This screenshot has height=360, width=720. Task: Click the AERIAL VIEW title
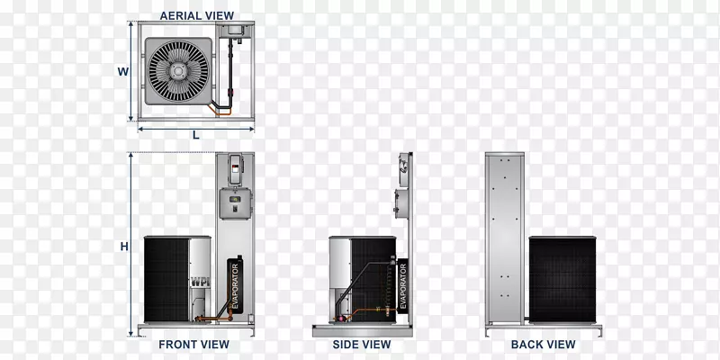196,15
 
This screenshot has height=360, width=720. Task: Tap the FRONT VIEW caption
193,345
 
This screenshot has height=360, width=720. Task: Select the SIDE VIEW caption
362,345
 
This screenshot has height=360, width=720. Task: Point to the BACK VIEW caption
544,345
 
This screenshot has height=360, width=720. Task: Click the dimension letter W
122,72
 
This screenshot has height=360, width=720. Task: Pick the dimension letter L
196,135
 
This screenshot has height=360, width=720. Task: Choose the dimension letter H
124,247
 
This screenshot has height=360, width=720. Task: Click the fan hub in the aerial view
178,71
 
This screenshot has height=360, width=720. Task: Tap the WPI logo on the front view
200,282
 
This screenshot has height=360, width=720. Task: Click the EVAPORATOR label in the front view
235,285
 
